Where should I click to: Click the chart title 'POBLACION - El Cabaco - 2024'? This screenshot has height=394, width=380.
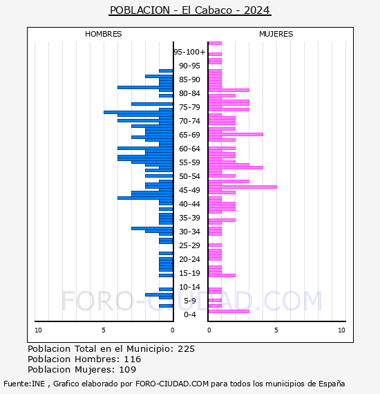190,10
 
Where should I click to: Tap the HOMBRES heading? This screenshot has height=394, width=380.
103,34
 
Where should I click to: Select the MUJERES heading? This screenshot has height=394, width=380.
276,34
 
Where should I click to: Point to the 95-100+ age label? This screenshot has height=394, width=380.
189,52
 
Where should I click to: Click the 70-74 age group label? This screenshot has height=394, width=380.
189,121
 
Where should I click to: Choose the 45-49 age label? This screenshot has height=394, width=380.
189,190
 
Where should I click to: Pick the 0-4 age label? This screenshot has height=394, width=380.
189,315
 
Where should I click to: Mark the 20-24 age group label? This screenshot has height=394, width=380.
189,259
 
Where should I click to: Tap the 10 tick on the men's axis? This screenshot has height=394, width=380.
38,330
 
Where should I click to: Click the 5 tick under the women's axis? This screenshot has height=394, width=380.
276,330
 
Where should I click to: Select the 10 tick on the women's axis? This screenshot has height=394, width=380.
341,330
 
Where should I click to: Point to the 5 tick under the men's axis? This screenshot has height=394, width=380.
104,330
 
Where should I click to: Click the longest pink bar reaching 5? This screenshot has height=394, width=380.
243,187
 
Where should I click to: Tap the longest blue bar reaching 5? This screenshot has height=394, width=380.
138,112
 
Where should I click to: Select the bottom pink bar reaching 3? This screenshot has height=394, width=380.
229,311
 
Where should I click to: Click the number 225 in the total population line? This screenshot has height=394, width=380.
186,349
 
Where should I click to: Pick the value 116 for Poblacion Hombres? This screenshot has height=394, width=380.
133,359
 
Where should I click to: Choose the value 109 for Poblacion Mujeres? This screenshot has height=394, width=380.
128,369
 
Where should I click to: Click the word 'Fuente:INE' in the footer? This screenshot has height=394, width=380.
24,384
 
